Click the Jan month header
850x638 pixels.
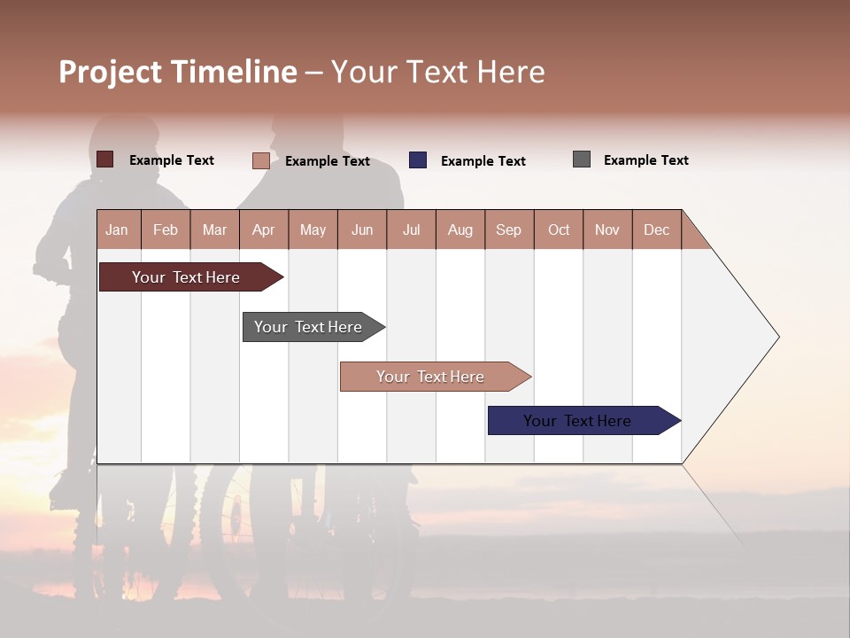pyautogui.click(x=117, y=230)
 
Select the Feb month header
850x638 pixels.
pyautogui.click(x=166, y=230)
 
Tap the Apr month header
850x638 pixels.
pyautogui.click(x=264, y=230)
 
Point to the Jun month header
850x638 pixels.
pyautogui.click(x=362, y=230)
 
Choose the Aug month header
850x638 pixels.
pyautogui.click(x=460, y=230)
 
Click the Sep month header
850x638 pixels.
pyautogui.click(x=509, y=230)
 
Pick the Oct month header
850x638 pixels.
pyautogui.click(x=559, y=230)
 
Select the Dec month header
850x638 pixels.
pyautogui.click(x=657, y=230)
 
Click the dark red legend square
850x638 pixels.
pyautogui.click(x=105, y=159)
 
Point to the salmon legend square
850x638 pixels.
pyautogui.click(x=261, y=160)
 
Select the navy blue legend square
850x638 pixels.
pyautogui.click(x=418, y=160)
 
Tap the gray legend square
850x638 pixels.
pyautogui.click(x=582, y=159)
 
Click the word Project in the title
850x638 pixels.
pyautogui.click(x=112, y=73)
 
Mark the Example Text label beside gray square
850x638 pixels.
pyautogui.click(x=646, y=160)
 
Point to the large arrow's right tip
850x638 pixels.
pyautogui.click(x=777, y=337)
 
